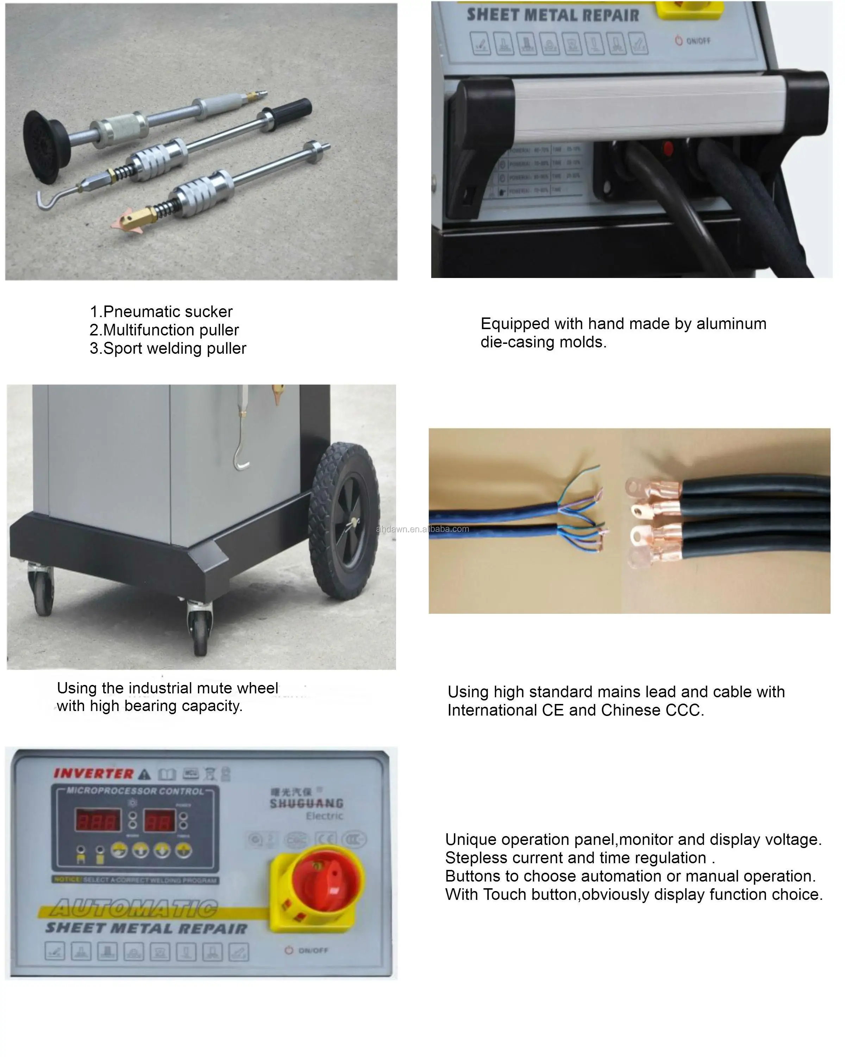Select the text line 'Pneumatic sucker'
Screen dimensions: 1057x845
coord(162,312)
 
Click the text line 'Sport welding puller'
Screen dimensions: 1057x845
coord(168,348)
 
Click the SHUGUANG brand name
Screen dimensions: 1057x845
coord(306,803)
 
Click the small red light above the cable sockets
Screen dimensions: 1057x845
coord(667,148)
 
